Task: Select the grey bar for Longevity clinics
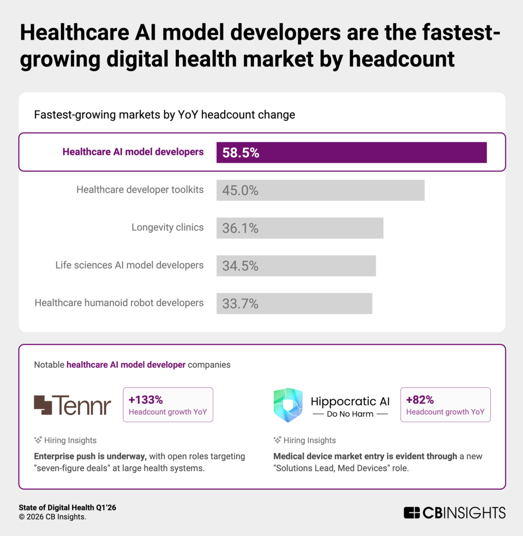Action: click(x=299, y=228)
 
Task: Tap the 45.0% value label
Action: click(x=240, y=191)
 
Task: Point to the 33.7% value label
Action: click(x=240, y=304)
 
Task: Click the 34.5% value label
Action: click(x=240, y=266)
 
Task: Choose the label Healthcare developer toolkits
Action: click(x=140, y=189)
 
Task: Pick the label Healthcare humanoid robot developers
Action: click(x=119, y=303)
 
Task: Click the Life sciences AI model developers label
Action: click(x=129, y=265)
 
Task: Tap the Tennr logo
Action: click(x=72, y=405)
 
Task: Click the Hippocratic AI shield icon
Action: click(x=288, y=405)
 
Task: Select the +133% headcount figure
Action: click(x=146, y=400)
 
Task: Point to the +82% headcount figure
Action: click(x=420, y=400)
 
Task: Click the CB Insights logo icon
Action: click(x=412, y=512)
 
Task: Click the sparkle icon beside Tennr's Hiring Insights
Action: click(x=38, y=440)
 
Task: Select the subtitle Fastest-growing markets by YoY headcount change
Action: click(x=164, y=115)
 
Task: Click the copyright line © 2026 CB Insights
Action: click(x=52, y=517)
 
